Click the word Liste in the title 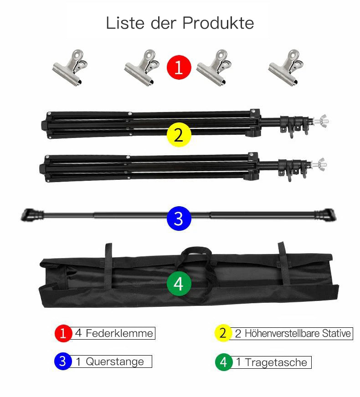[125, 23]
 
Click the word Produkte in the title [218, 23]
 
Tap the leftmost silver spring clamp [70, 67]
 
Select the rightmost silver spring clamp [286, 67]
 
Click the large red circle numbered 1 [179, 67]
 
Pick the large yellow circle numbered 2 [179, 135]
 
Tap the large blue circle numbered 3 [179, 219]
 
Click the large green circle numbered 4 [179, 284]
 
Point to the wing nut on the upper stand [321, 121]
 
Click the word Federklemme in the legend [119, 333]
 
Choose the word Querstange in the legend [115, 361]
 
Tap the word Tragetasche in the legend [276, 362]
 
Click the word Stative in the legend [336, 333]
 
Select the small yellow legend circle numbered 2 [223, 333]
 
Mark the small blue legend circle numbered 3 [63, 361]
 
